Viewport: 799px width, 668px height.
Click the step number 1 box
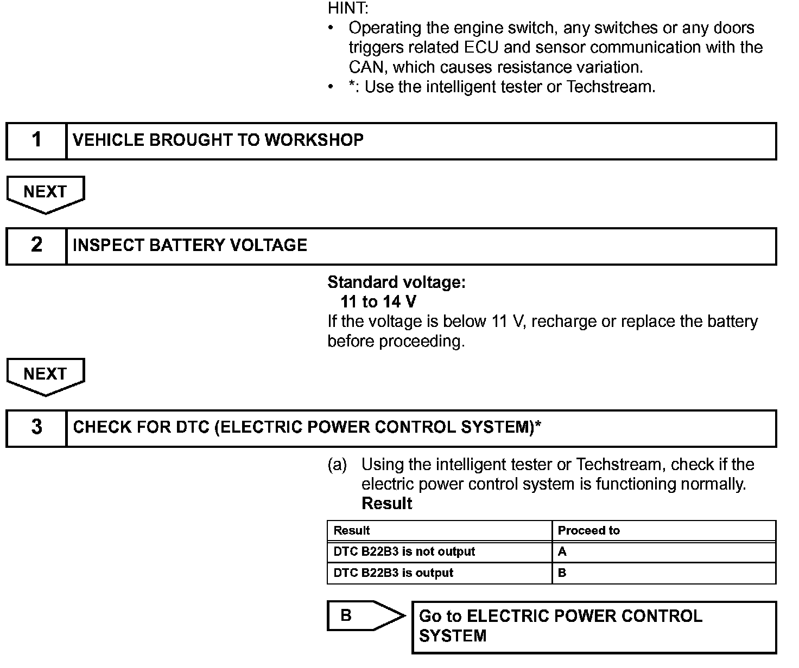[x=36, y=140]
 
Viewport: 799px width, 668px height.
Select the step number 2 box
[x=36, y=246]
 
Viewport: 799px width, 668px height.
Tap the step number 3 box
[x=36, y=428]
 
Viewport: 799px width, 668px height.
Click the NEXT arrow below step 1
[x=46, y=193]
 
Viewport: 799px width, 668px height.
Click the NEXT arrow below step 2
[x=46, y=375]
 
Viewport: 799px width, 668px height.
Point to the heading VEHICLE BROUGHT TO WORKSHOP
[x=218, y=140]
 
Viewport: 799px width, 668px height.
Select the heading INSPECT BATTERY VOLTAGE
[x=190, y=246]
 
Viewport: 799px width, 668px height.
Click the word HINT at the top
[x=348, y=8]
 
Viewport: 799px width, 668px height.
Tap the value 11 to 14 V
[x=379, y=302]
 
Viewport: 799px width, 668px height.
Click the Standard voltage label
[x=396, y=282]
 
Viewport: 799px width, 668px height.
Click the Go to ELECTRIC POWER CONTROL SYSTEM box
[x=594, y=627]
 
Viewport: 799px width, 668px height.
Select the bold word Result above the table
[x=387, y=504]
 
